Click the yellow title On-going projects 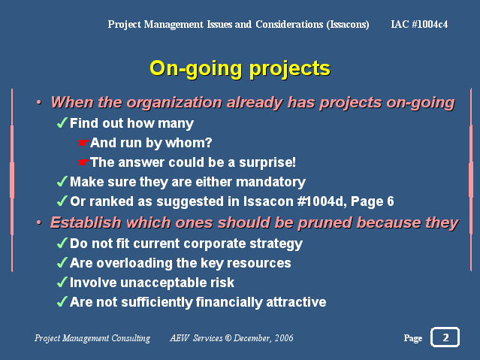240,69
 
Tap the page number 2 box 445,337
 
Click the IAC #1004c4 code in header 419,24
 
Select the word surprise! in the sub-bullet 267,162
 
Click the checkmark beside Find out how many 62,123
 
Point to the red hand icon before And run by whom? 83,143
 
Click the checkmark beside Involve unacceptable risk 62,282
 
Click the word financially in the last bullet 228,302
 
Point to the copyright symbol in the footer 228,338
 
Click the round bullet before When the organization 38,102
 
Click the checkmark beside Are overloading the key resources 62,262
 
